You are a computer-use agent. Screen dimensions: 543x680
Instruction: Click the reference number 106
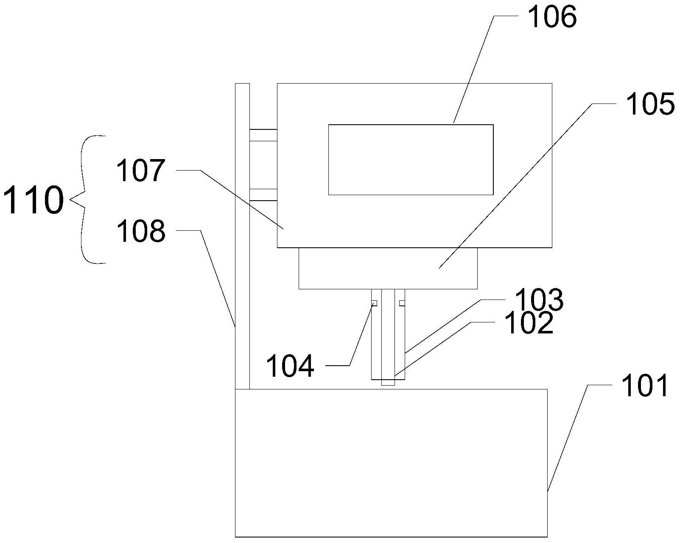[552, 18]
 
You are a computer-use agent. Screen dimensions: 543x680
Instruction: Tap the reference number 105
[649, 104]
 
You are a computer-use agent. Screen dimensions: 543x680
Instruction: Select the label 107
[140, 171]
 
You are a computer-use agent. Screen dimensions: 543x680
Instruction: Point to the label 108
[140, 232]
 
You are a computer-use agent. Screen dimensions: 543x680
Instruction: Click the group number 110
[33, 200]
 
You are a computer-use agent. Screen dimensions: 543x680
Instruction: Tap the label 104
[290, 366]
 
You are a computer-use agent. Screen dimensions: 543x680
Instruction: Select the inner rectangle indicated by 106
[411, 160]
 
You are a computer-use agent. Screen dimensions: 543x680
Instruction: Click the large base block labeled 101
[391, 462]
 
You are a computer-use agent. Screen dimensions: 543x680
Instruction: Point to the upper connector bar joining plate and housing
[263, 135]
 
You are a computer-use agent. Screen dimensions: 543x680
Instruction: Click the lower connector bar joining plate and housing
[263, 194]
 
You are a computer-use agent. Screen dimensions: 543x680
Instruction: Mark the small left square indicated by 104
[374, 303]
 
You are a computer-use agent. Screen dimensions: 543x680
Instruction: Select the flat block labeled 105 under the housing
[388, 268]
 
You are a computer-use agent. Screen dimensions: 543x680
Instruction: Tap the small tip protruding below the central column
[388, 383]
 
